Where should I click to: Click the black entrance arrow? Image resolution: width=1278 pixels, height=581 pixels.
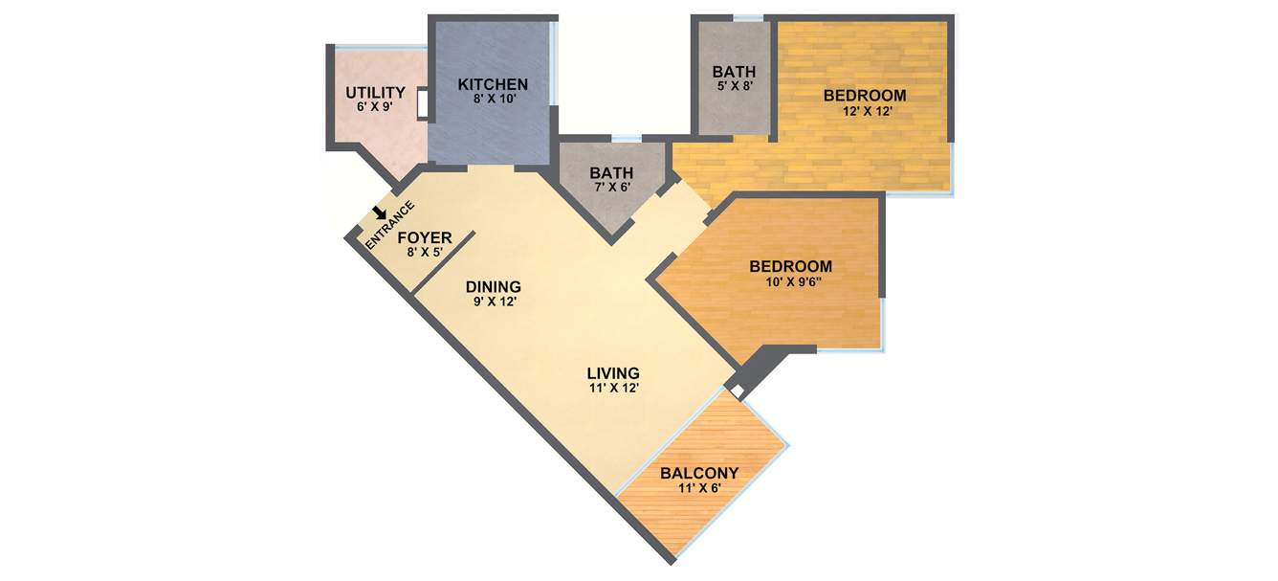pyautogui.click(x=381, y=213)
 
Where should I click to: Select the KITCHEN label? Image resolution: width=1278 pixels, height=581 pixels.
pyautogui.click(x=493, y=84)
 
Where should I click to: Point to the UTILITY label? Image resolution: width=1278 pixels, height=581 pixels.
pyautogui.click(x=376, y=93)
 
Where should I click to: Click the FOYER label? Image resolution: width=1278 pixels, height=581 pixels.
pyautogui.click(x=425, y=238)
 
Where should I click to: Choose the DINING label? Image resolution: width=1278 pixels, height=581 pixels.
pyautogui.click(x=494, y=286)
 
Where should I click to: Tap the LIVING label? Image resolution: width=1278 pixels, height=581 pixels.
pyautogui.click(x=613, y=372)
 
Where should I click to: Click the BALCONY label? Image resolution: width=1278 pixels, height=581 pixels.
pyautogui.click(x=699, y=473)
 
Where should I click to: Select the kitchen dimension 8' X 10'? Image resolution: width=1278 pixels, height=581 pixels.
pyautogui.click(x=493, y=100)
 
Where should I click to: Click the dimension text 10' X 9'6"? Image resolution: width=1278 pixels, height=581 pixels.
pyautogui.click(x=791, y=282)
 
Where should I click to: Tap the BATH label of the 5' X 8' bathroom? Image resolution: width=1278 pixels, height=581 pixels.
pyautogui.click(x=734, y=72)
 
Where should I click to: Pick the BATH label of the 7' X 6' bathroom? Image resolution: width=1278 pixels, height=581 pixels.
pyautogui.click(x=611, y=173)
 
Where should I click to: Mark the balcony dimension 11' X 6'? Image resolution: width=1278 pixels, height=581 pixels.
pyautogui.click(x=699, y=488)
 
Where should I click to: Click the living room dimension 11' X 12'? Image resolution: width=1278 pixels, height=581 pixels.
pyautogui.click(x=613, y=389)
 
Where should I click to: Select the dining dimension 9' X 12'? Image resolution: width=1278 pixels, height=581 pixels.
pyautogui.click(x=494, y=302)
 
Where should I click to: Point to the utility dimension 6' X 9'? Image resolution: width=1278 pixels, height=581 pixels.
pyautogui.click(x=376, y=107)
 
